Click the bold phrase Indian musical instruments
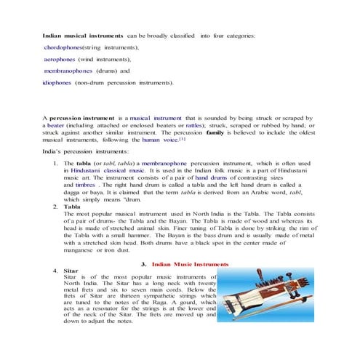coord(82,35)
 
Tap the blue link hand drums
coord(212,177)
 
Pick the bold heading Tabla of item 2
coord(72,207)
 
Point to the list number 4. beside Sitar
coord(57,270)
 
